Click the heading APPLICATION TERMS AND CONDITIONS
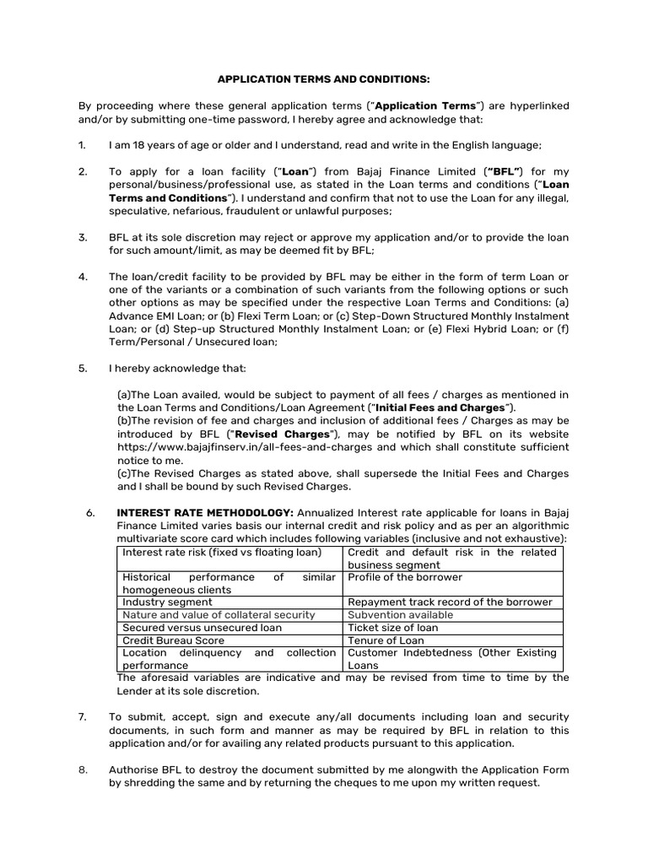click(324, 79)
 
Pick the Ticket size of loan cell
click(393, 628)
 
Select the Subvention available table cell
click(401, 615)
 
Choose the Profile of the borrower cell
click(405, 577)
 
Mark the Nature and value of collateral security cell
click(219, 615)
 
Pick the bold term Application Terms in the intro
click(426, 105)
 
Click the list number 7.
click(83, 716)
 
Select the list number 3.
click(83, 237)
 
